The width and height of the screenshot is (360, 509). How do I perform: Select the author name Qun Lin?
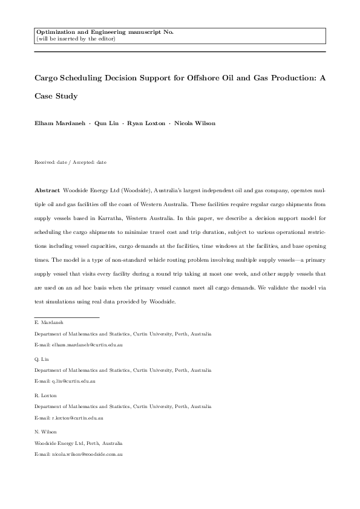(x=110, y=123)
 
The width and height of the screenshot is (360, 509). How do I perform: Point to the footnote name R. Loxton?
(x=45, y=395)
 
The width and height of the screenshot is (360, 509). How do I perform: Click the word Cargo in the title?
(x=47, y=79)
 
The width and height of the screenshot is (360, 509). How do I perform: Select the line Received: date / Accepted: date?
(x=70, y=163)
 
